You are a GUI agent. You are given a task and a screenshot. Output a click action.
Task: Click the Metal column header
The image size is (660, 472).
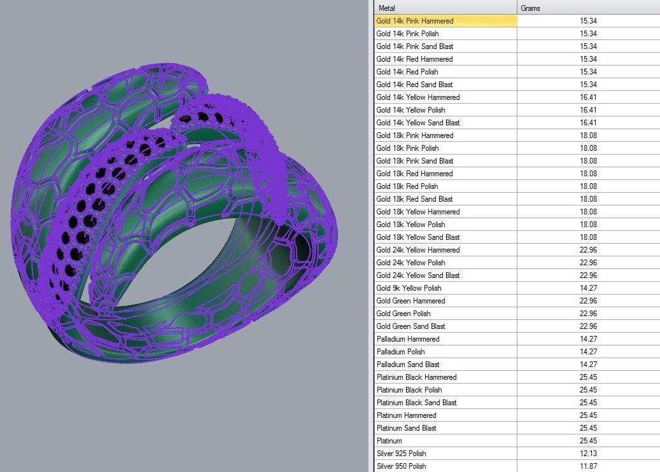[386, 8]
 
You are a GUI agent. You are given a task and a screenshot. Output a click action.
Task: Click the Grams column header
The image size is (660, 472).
[530, 8]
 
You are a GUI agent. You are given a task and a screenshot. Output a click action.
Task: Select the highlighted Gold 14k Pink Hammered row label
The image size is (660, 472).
[414, 21]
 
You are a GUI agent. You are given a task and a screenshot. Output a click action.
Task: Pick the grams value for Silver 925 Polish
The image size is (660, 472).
[588, 454]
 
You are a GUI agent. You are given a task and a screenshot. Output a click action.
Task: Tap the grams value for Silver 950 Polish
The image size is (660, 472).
[588, 466]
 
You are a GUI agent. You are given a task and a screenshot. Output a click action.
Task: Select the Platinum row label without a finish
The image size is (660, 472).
[389, 441]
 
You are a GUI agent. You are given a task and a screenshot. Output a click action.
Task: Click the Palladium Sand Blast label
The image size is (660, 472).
[408, 364]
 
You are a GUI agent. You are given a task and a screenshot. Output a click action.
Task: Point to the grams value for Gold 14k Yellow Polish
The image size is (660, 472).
[588, 110]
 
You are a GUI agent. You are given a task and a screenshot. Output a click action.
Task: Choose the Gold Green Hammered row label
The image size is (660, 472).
[411, 301]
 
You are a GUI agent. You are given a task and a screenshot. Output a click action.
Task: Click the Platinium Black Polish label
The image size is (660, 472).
[409, 390]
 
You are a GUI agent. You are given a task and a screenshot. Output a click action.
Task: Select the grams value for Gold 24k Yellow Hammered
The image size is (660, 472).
[588, 250]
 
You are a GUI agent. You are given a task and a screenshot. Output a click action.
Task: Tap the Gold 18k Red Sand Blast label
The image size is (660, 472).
[414, 199]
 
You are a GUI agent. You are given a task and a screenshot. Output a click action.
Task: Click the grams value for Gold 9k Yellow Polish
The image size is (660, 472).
[588, 288]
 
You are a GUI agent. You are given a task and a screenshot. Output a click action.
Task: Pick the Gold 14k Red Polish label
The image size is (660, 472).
[407, 72]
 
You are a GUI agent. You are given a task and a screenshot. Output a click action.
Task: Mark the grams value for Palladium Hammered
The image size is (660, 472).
[588, 339]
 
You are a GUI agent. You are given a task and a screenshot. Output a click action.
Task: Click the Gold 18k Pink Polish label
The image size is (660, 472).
[407, 148]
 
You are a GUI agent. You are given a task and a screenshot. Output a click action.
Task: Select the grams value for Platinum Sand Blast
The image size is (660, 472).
[588, 428]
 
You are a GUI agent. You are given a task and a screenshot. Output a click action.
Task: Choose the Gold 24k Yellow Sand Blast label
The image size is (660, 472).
[418, 275]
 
